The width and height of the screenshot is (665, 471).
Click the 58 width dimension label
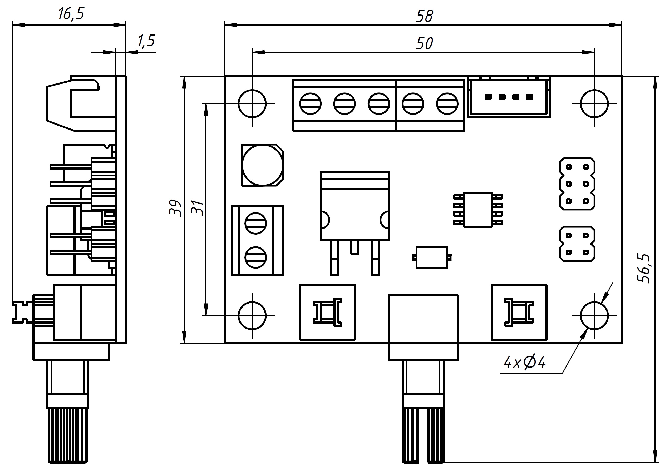click(424, 16)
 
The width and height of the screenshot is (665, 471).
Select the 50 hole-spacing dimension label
click(424, 43)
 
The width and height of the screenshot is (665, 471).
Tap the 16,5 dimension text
click(71, 14)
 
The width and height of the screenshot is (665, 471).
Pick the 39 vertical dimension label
click(175, 208)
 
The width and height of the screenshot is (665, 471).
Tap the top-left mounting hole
click(252, 103)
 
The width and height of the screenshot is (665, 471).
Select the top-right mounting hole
click(594, 103)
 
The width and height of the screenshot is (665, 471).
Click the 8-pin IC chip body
click(478, 209)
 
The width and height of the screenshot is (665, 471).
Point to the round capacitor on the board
click(262, 165)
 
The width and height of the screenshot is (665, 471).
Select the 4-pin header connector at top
click(509, 97)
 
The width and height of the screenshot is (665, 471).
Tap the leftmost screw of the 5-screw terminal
click(310, 103)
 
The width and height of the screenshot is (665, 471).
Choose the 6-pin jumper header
click(577, 184)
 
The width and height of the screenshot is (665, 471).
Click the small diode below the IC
click(432, 257)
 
